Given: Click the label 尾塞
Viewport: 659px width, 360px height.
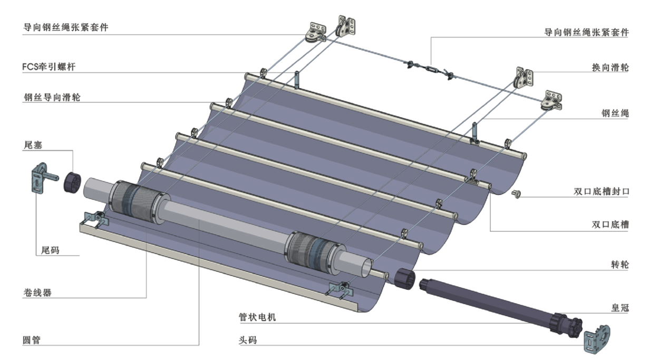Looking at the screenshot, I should (x=33, y=144).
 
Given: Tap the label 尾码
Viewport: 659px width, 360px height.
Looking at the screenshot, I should (x=51, y=250).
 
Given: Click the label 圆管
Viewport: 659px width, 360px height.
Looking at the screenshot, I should (x=33, y=340).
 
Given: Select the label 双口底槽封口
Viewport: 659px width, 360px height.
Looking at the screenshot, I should (x=602, y=192).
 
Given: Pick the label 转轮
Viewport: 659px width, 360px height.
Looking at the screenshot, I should (x=620, y=265).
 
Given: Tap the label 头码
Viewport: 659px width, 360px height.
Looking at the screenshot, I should (x=248, y=340).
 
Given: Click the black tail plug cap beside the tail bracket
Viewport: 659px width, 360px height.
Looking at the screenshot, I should (x=71, y=182).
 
